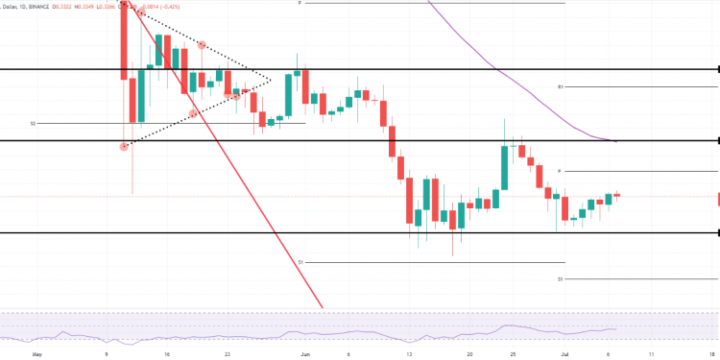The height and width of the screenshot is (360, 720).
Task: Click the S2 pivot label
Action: [33, 123]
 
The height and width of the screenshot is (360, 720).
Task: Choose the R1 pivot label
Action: [560, 86]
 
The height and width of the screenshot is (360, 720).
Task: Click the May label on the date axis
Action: [37, 353]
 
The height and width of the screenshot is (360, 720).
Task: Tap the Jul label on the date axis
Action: [565, 353]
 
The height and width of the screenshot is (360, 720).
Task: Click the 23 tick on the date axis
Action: [227, 353]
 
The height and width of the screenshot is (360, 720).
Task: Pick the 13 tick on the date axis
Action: [410, 353]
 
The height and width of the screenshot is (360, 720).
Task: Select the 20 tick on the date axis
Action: [469, 353]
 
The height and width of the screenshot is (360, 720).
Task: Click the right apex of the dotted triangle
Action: [272, 79]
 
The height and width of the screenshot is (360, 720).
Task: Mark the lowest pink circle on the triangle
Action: [124, 147]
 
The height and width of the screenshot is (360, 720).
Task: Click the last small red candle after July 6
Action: [616, 196]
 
